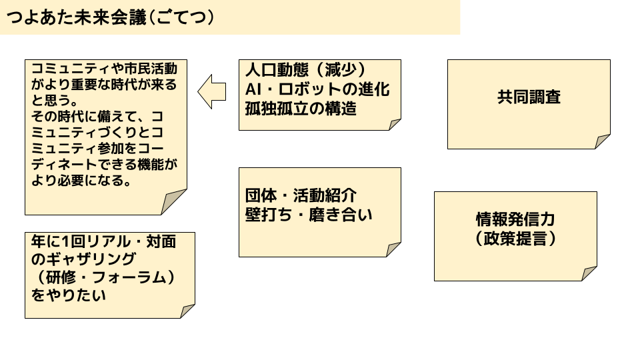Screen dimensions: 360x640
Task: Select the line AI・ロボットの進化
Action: click(317, 89)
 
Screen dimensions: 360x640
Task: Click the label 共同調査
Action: click(529, 97)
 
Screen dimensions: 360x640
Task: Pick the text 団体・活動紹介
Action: click(301, 196)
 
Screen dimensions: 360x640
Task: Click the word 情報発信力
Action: click(515, 220)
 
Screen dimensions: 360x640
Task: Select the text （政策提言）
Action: click(515, 238)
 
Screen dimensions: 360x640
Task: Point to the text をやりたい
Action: click(69, 295)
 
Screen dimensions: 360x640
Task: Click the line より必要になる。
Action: click(81, 181)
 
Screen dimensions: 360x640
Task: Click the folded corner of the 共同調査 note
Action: click(603, 141)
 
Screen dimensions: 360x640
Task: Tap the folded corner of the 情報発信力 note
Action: click(589, 273)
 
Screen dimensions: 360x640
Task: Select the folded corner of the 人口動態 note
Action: click(395, 124)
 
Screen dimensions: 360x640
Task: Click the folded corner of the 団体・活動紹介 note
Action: click(394, 249)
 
